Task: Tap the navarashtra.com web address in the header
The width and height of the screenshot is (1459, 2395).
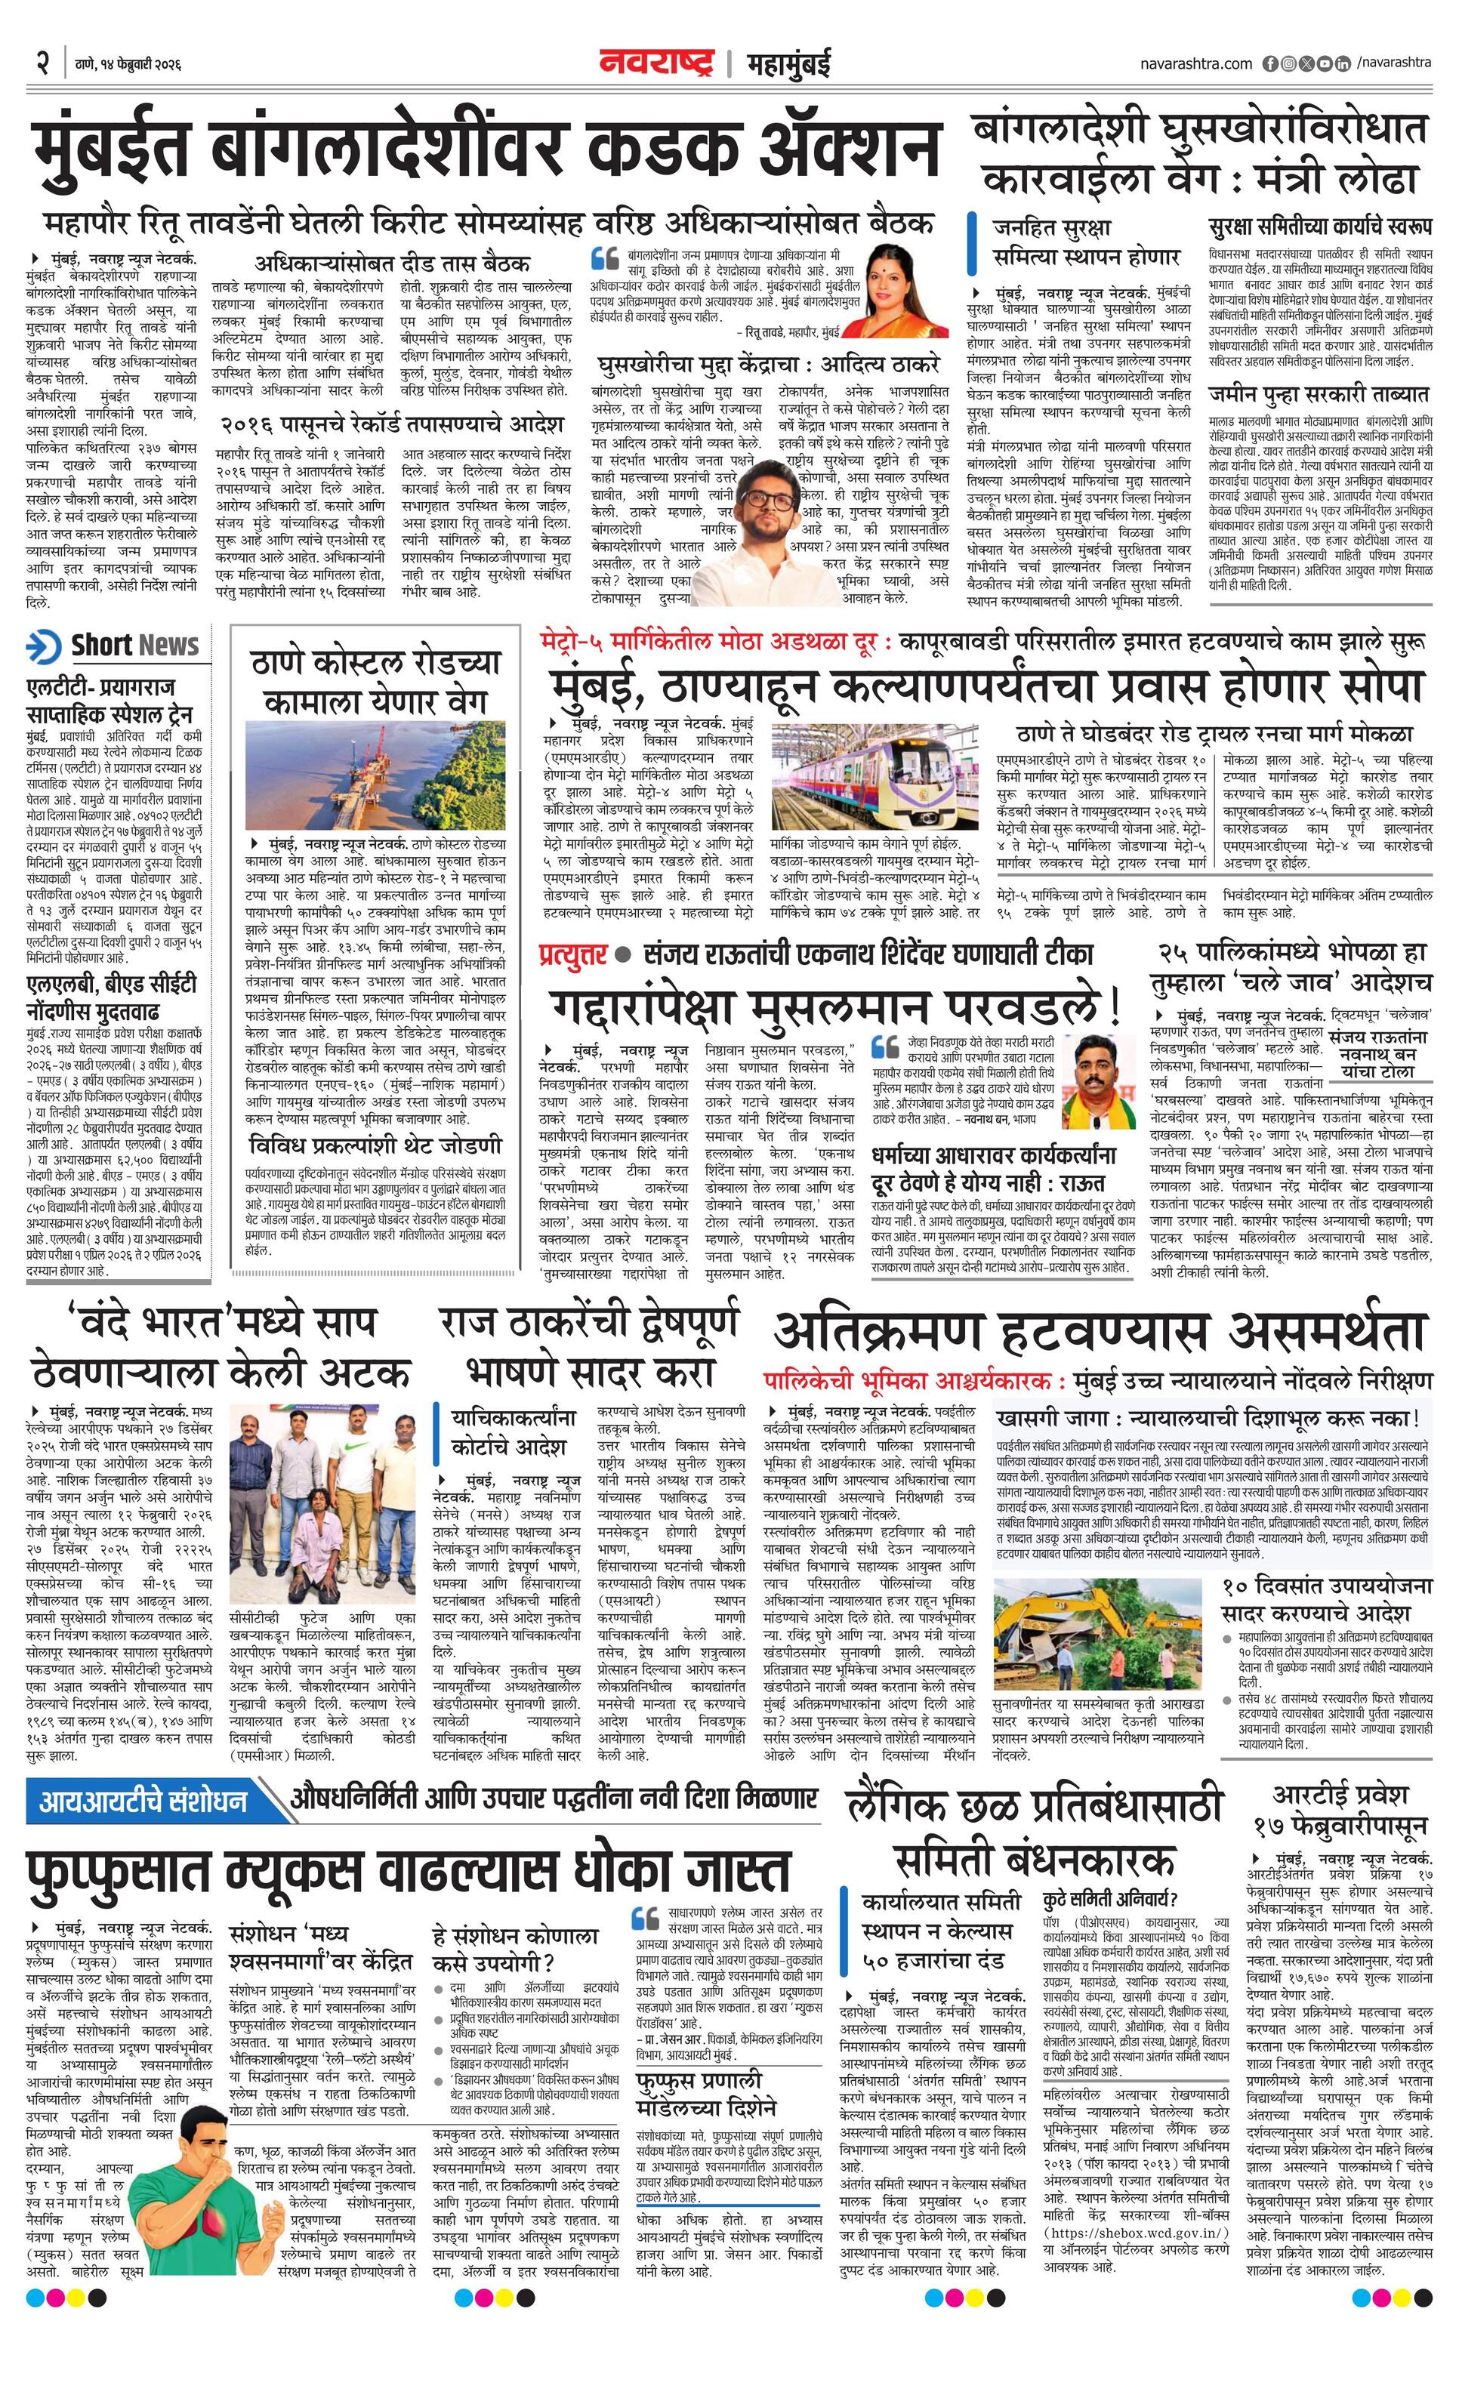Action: pos(1195,64)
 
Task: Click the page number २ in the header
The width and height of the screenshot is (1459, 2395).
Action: pos(43,64)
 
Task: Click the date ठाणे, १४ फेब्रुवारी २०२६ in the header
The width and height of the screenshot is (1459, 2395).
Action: pos(128,65)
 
